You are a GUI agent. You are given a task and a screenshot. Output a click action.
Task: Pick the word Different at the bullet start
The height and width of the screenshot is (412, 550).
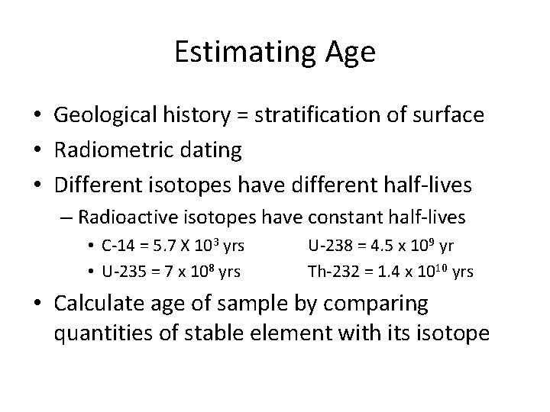click(x=99, y=185)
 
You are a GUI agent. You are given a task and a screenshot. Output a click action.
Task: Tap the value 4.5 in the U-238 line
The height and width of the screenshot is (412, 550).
click(x=380, y=246)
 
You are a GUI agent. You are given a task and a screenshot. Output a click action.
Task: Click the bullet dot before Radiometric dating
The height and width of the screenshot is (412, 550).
click(x=37, y=150)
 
